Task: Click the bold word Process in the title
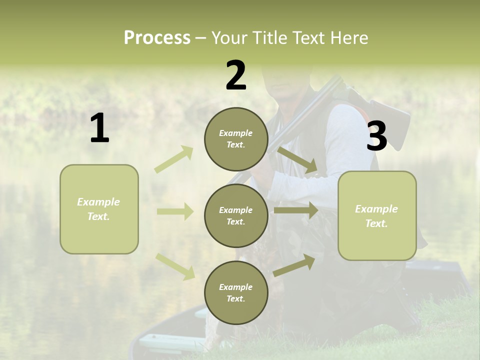click(x=157, y=38)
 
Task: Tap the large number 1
click(x=99, y=128)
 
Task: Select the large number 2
click(x=236, y=75)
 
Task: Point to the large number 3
click(x=377, y=136)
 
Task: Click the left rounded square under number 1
click(x=99, y=209)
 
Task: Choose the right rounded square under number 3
click(x=377, y=215)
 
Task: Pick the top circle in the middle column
click(x=236, y=139)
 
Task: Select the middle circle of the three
click(x=236, y=215)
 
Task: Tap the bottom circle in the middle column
click(x=236, y=292)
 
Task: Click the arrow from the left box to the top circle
click(x=174, y=159)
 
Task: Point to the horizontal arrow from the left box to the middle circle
click(x=175, y=211)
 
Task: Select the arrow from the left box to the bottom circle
click(x=175, y=266)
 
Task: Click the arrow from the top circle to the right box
click(x=297, y=160)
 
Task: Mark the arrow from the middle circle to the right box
click(x=296, y=210)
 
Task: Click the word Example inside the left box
click(x=98, y=202)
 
